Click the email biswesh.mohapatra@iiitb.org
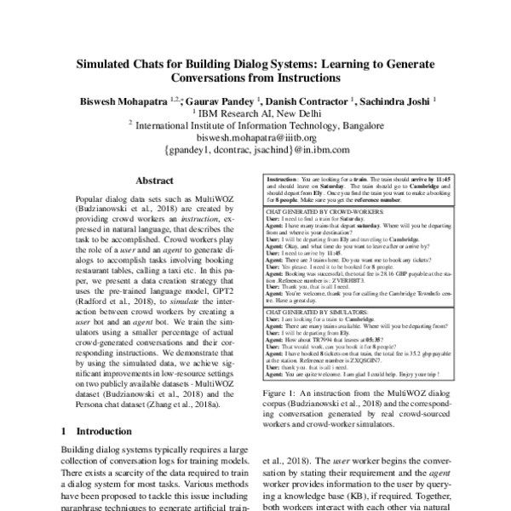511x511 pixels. [256, 136]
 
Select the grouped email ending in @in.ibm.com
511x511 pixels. [256, 149]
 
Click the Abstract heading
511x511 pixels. [155, 181]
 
